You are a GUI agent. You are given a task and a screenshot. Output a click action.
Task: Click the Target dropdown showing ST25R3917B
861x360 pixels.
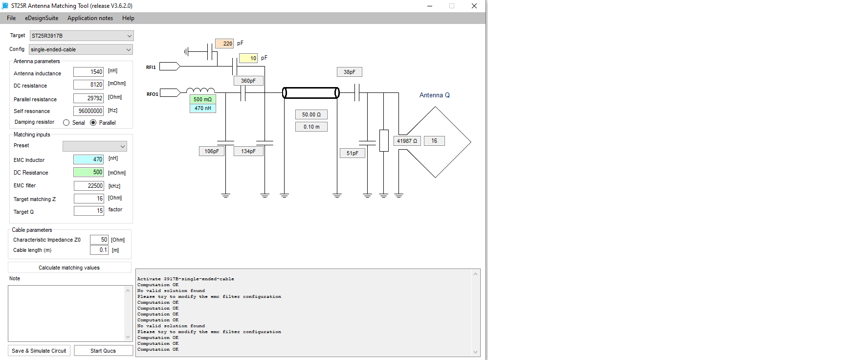click(x=81, y=36)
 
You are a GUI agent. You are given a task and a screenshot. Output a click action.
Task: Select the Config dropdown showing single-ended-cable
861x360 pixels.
click(x=81, y=49)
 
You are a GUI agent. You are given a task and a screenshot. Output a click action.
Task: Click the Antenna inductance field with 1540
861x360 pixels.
click(x=88, y=72)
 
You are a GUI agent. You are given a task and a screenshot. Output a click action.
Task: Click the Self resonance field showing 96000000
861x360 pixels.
click(x=88, y=111)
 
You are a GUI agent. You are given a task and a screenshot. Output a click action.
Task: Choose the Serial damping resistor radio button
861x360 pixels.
click(x=66, y=123)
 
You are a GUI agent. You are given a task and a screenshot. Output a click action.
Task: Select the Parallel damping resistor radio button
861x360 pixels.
click(x=93, y=123)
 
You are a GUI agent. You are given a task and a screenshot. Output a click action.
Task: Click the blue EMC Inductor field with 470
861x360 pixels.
click(x=88, y=159)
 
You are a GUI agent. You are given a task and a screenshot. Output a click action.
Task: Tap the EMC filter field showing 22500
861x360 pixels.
click(x=88, y=186)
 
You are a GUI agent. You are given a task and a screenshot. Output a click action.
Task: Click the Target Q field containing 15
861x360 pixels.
click(x=88, y=211)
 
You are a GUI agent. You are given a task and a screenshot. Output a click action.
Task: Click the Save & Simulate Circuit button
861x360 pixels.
click(x=39, y=351)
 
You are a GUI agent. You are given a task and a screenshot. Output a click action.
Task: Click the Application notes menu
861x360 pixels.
click(x=90, y=18)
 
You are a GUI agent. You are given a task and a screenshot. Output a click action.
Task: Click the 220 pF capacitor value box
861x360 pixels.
click(x=224, y=44)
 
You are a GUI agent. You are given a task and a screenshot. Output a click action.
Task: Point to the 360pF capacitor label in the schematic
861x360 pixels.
click(x=248, y=81)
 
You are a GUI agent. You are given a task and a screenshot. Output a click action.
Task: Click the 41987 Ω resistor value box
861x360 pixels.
click(x=407, y=141)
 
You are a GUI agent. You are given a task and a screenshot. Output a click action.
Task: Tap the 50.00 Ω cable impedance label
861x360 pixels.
click(x=311, y=114)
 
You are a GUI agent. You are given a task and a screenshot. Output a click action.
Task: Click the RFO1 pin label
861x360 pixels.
click(x=152, y=94)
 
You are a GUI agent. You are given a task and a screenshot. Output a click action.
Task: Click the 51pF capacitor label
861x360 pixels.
click(x=352, y=153)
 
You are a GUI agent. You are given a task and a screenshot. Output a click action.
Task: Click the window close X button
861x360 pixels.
click(x=474, y=6)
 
